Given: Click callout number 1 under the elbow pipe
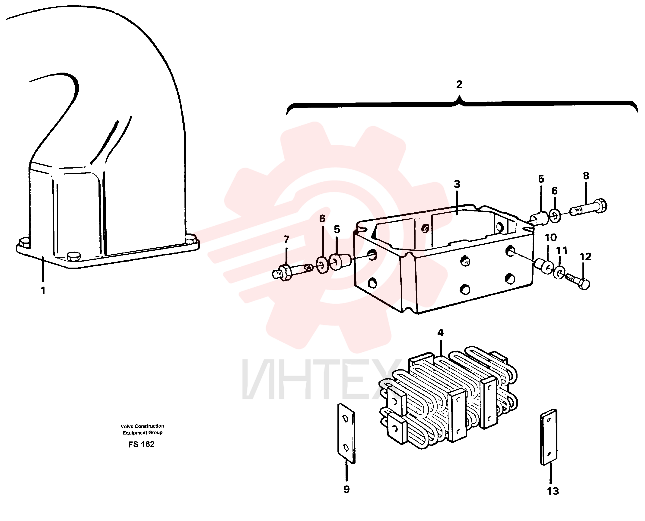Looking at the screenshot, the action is tap(43, 291).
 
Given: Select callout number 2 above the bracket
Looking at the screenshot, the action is tap(459, 85).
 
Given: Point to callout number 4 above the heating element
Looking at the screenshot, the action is tap(440, 332).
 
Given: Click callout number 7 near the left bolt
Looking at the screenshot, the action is tap(286, 239).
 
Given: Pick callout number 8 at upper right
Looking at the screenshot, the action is tap(586, 176).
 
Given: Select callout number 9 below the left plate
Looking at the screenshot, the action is tap(346, 489).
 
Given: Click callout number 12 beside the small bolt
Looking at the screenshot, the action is tap(585, 257).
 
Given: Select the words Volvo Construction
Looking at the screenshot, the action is tap(143, 426).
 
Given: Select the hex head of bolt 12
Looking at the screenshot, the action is tap(584, 284).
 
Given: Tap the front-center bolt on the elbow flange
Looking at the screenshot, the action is tap(74, 257).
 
